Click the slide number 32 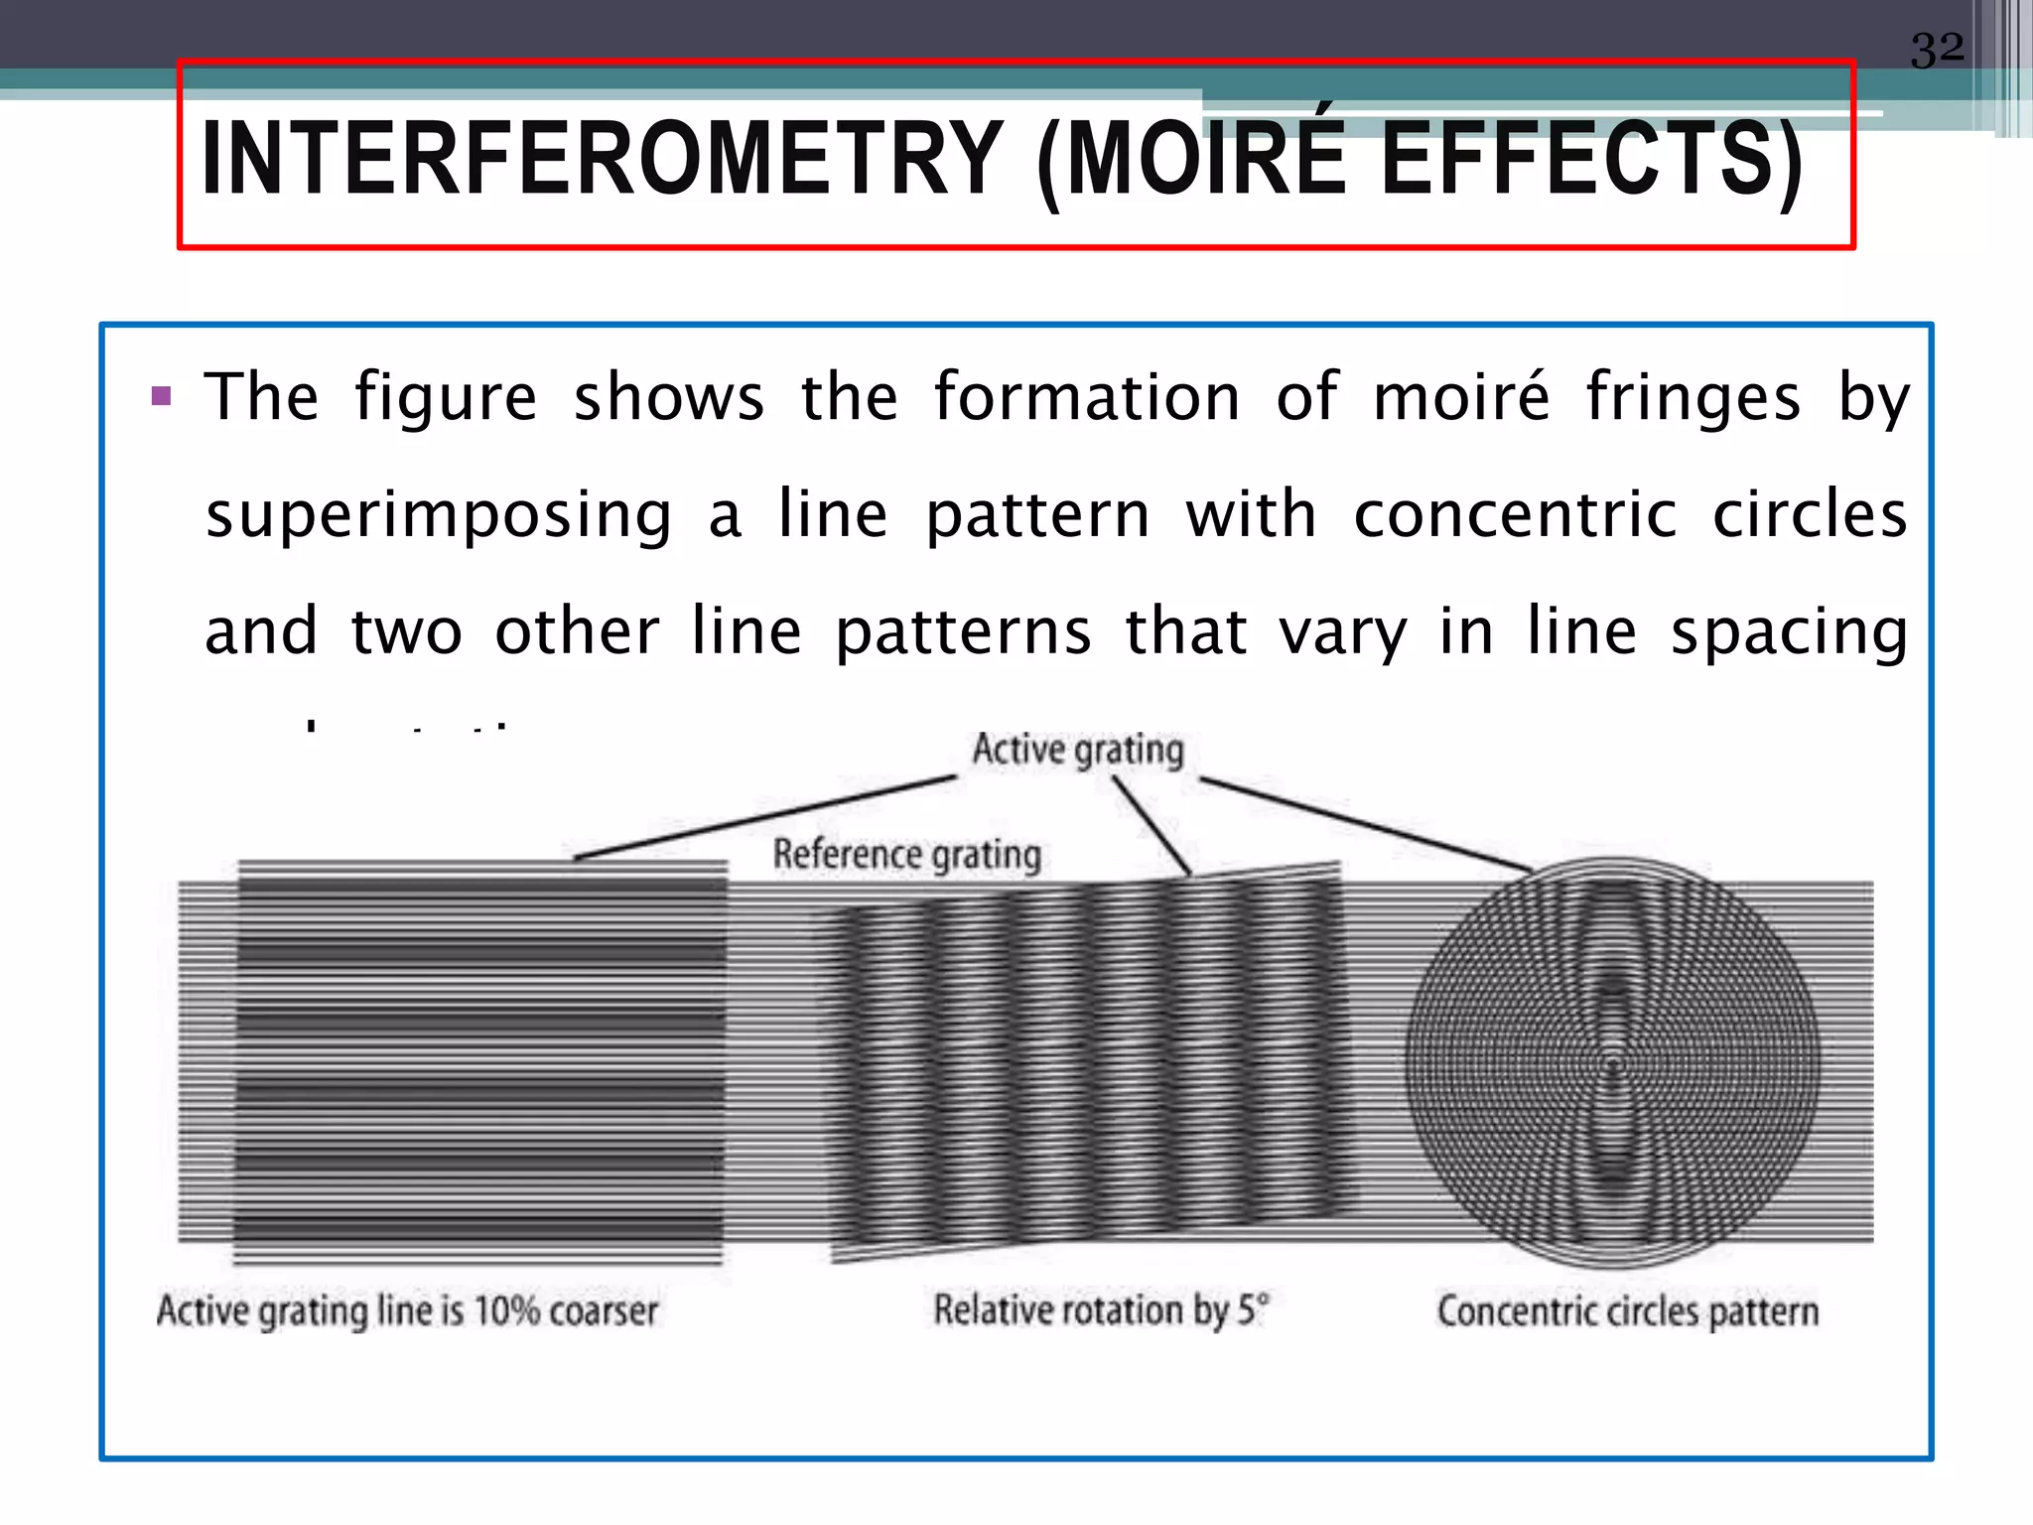tap(1937, 50)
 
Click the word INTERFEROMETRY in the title tap(602, 159)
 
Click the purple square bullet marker tap(162, 398)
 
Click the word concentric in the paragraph tap(1515, 515)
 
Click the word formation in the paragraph tap(1087, 397)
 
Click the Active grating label tap(1078, 750)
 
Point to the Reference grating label tap(906, 855)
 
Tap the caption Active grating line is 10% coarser tap(407, 1311)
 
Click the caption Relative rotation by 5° tap(1100, 1311)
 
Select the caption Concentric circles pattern tap(1627, 1312)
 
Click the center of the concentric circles tap(1613, 1066)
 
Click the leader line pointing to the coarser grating tap(764, 817)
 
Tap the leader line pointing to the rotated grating tap(1152, 826)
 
